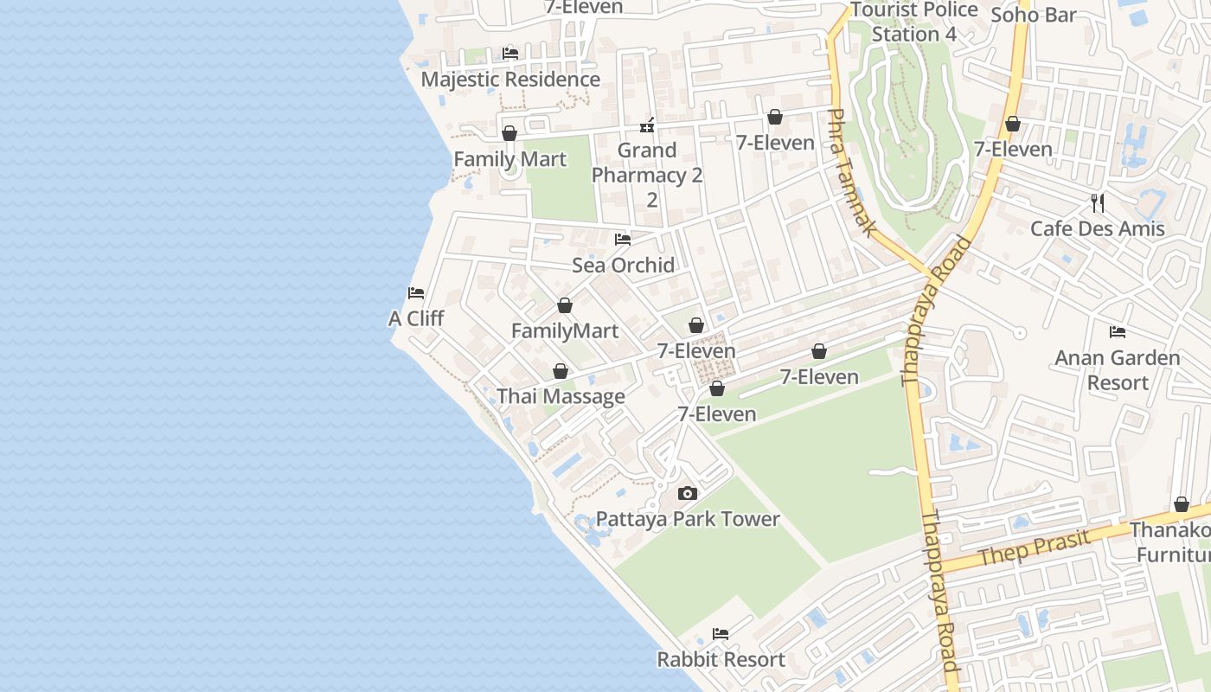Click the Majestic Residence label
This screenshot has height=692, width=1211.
click(x=510, y=80)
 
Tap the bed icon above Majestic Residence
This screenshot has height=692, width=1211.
click(x=510, y=54)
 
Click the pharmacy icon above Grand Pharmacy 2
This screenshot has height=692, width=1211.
click(x=647, y=126)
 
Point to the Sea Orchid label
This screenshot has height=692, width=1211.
click(x=623, y=265)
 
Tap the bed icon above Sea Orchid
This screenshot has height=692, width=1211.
click(x=623, y=240)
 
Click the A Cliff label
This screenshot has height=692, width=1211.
click(x=416, y=318)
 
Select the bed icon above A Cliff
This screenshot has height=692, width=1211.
click(x=416, y=293)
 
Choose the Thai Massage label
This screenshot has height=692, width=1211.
click(x=561, y=397)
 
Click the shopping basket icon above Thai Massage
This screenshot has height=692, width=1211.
click(x=561, y=372)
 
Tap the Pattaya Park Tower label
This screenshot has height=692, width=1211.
click(x=688, y=519)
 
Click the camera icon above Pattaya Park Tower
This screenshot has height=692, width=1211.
click(x=688, y=494)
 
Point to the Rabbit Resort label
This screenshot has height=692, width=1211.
click(x=721, y=659)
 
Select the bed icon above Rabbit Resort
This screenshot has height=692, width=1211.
click(x=721, y=634)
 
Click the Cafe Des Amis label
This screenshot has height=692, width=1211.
click(x=1098, y=229)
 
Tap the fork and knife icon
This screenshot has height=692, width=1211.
click(x=1098, y=203)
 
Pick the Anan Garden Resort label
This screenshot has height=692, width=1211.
click(x=1118, y=370)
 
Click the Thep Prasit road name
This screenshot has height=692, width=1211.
click(x=1035, y=548)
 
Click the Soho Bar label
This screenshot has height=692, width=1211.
click(x=1034, y=15)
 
